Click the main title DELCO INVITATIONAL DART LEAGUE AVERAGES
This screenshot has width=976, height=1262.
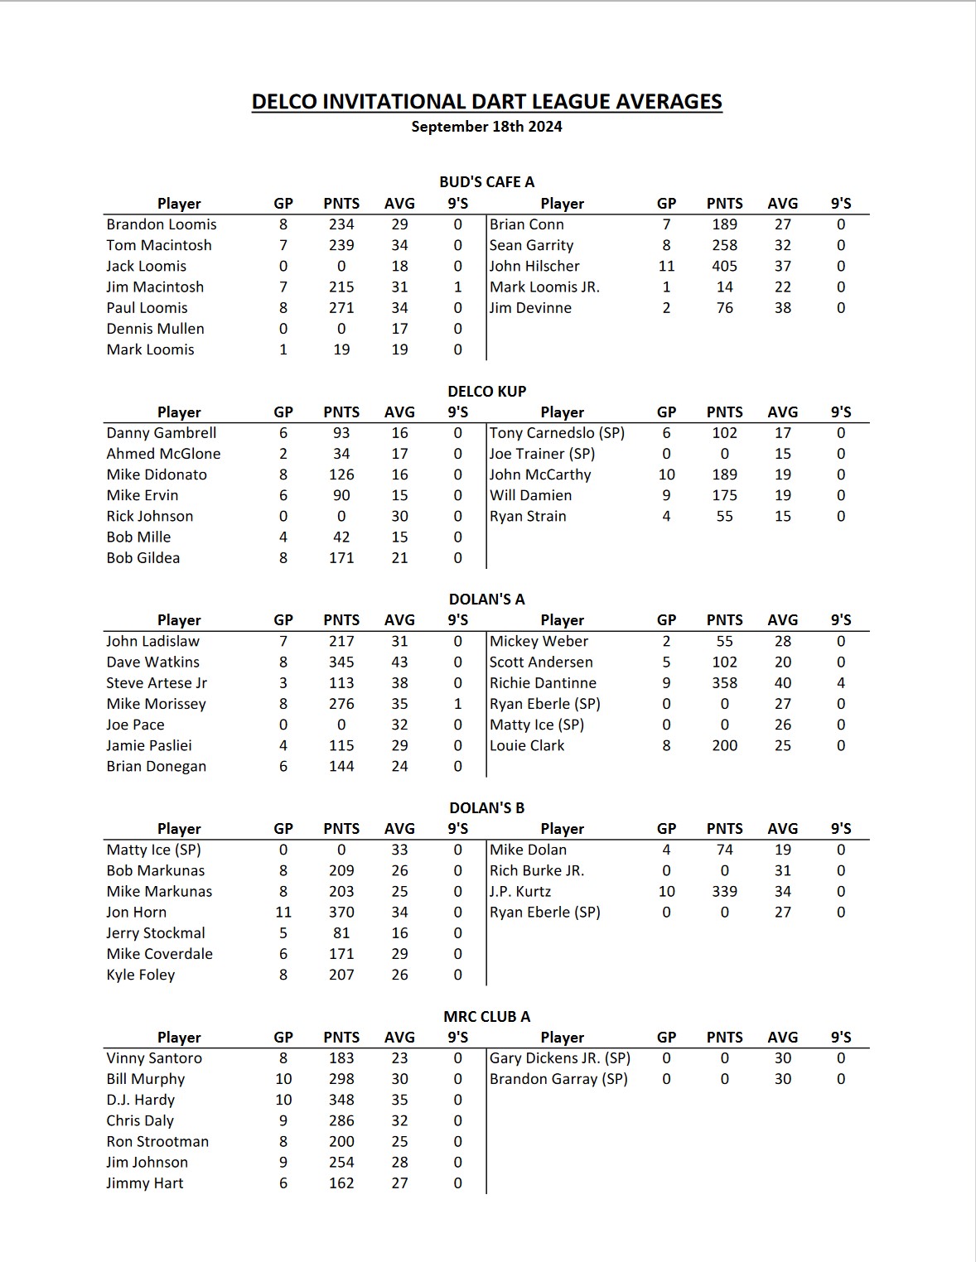click(x=486, y=101)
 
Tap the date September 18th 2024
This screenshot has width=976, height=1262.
click(x=486, y=127)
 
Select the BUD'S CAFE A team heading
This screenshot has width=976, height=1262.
click(x=486, y=181)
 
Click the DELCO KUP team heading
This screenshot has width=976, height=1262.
click(x=486, y=391)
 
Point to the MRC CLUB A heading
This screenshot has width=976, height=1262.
click(x=486, y=1016)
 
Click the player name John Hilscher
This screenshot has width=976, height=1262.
click(x=534, y=266)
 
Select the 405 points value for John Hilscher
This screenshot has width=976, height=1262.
click(x=724, y=266)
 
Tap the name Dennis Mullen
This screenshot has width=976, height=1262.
click(x=155, y=329)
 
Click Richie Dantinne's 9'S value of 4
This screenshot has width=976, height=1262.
click(x=841, y=683)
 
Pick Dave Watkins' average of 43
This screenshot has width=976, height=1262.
click(x=399, y=662)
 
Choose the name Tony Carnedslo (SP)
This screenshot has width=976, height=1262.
click(x=557, y=433)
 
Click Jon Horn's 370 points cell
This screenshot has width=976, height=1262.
click(x=341, y=913)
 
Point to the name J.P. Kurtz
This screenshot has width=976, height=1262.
click(x=520, y=892)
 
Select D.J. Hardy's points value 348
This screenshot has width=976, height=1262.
click(x=341, y=1100)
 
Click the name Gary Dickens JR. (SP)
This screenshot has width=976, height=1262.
click(x=560, y=1058)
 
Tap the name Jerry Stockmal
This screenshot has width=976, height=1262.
click(x=156, y=933)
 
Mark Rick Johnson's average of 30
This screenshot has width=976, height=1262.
click(x=399, y=516)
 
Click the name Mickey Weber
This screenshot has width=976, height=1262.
click(x=539, y=642)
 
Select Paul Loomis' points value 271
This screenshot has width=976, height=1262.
click(x=341, y=308)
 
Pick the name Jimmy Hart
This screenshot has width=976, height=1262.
click(x=145, y=1183)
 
